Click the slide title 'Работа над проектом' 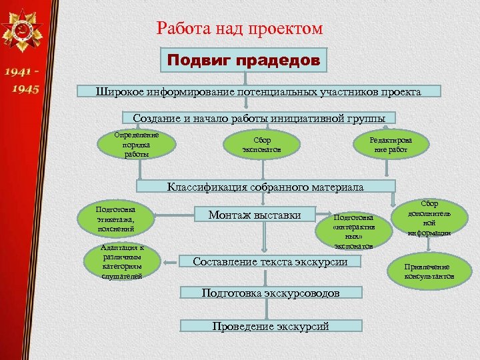[239, 29]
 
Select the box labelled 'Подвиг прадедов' [244, 61]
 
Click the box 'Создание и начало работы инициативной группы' [259, 118]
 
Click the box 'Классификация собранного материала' [265, 187]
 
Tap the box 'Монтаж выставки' [254, 215]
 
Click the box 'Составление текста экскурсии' [269, 262]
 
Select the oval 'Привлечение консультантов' [430, 271]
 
